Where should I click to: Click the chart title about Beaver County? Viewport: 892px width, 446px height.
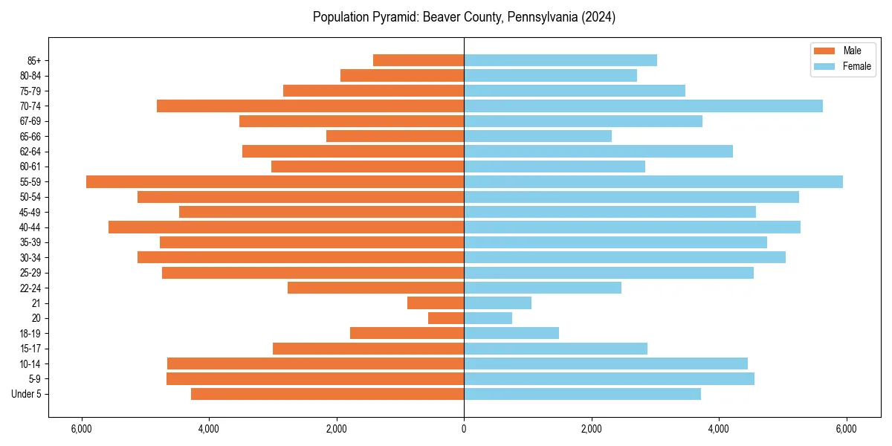(464, 17)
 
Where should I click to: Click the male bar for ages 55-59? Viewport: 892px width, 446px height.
(275, 182)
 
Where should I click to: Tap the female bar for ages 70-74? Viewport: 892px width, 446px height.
(643, 106)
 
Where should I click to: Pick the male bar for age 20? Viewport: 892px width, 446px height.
(446, 318)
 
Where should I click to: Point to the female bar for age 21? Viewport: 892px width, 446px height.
(497, 303)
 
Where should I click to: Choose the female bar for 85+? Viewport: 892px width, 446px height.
(560, 60)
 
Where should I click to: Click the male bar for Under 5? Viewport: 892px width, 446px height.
(327, 394)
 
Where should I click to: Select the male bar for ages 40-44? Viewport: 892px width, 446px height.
(286, 227)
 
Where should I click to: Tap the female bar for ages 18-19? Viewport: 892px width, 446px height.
(511, 333)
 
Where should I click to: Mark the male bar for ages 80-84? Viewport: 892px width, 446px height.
(402, 76)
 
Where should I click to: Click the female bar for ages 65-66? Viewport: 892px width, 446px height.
(537, 136)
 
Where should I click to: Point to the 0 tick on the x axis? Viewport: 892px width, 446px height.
(464, 429)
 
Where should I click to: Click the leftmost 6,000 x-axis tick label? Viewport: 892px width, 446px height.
(81, 429)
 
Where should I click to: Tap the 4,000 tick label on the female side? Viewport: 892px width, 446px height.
(719, 429)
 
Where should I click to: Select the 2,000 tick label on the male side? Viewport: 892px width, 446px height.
(337, 429)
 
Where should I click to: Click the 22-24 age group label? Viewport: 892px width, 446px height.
(30, 288)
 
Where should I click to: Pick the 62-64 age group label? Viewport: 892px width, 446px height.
(30, 152)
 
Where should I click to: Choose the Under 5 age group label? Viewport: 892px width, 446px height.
(27, 394)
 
